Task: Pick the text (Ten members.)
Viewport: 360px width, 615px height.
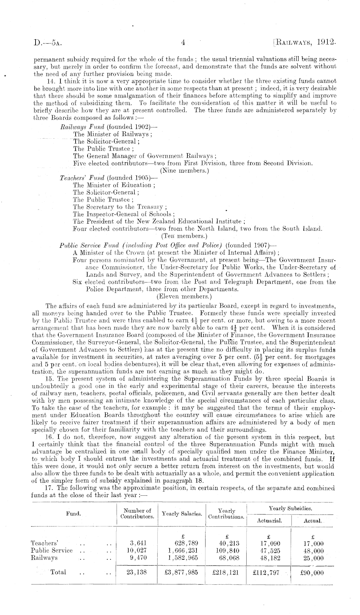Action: (182, 237)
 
